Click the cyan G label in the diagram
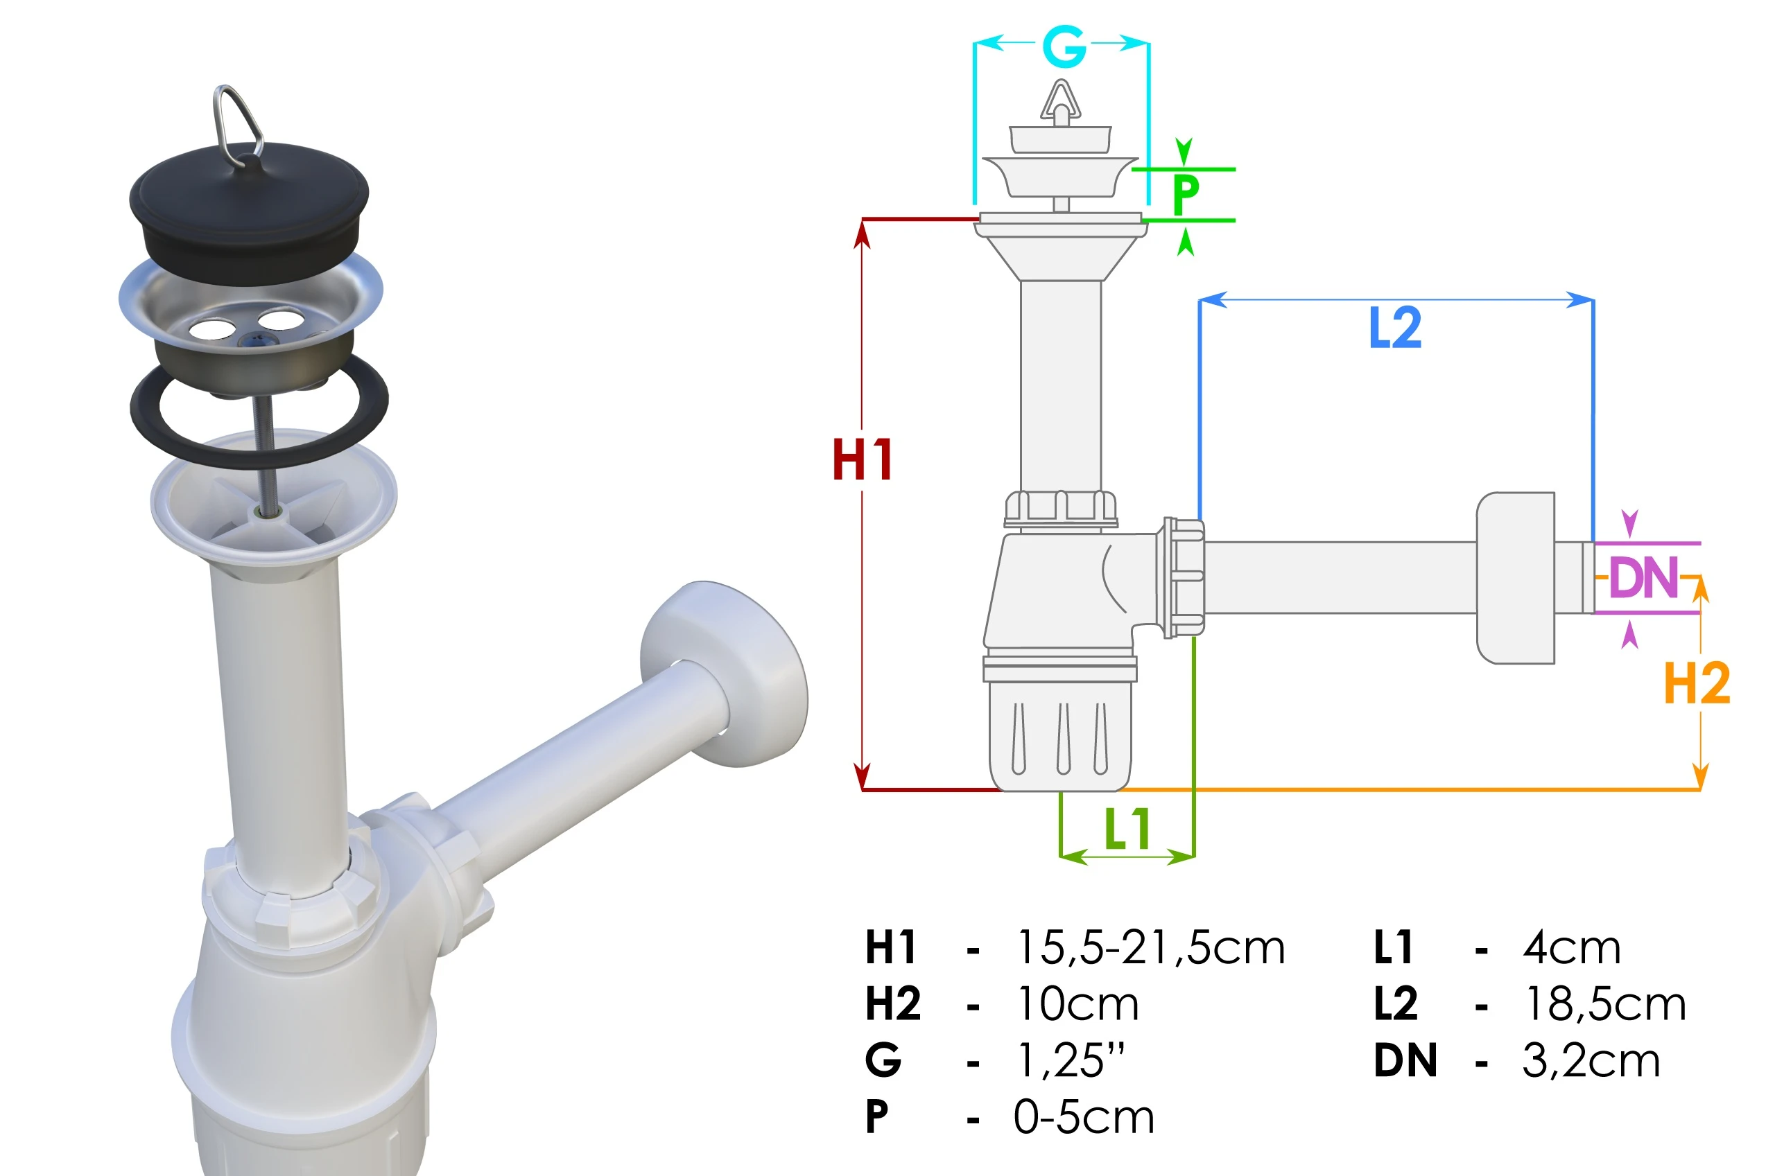tap(1064, 46)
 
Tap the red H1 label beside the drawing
tap(862, 459)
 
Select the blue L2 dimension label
tap(1394, 328)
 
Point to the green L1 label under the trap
tap(1127, 829)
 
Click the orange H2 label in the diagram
tap(1697, 683)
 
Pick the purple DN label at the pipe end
tap(1643, 577)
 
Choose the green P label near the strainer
tap(1186, 194)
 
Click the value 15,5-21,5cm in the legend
tap(1151, 947)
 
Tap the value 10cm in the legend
tap(1078, 1003)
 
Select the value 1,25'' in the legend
tap(1071, 1060)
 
